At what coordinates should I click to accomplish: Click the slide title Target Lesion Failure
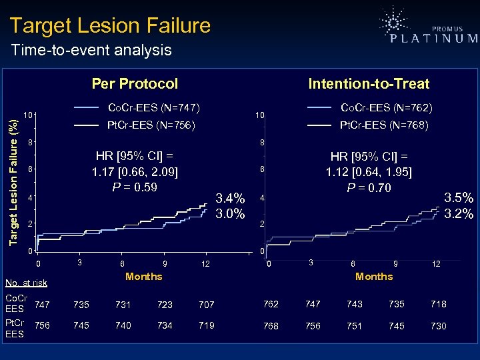click(110, 26)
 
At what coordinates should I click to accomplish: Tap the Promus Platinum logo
click(427, 30)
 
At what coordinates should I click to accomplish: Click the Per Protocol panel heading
click(135, 84)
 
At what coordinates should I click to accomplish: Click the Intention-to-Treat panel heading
click(369, 84)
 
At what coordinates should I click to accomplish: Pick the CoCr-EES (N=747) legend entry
click(154, 107)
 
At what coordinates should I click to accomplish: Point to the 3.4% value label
click(231, 198)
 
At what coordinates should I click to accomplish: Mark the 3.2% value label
click(459, 213)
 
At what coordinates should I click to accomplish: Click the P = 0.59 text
click(135, 187)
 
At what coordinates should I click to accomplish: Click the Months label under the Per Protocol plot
click(143, 276)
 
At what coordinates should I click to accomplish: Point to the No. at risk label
click(26, 283)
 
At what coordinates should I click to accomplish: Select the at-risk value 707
click(207, 305)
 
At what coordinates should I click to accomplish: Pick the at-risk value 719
click(207, 326)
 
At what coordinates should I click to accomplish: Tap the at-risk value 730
click(439, 326)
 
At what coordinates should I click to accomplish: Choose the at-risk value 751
click(354, 326)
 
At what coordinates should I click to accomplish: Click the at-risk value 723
click(165, 305)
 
